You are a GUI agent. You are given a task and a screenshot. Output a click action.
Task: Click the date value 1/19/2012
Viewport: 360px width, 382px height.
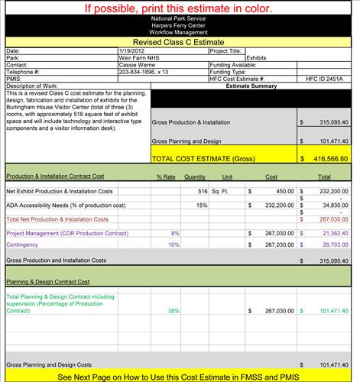click(x=135, y=51)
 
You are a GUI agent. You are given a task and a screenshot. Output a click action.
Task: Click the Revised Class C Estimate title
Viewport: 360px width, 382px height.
click(x=180, y=43)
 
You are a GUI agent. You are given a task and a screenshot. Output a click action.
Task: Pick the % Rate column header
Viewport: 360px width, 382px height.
click(x=166, y=176)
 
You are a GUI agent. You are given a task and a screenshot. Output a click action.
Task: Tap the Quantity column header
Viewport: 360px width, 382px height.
click(x=195, y=176)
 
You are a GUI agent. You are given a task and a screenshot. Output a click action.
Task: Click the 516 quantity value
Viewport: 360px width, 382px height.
click(x=203, y=191)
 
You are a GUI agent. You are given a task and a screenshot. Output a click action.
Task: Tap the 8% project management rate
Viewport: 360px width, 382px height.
click(x=175, y=232)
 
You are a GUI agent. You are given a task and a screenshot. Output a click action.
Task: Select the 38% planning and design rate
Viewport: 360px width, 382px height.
click(x=174, y=311)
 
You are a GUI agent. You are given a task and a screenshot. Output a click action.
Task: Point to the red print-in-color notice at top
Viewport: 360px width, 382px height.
click(x=180, y=9)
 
